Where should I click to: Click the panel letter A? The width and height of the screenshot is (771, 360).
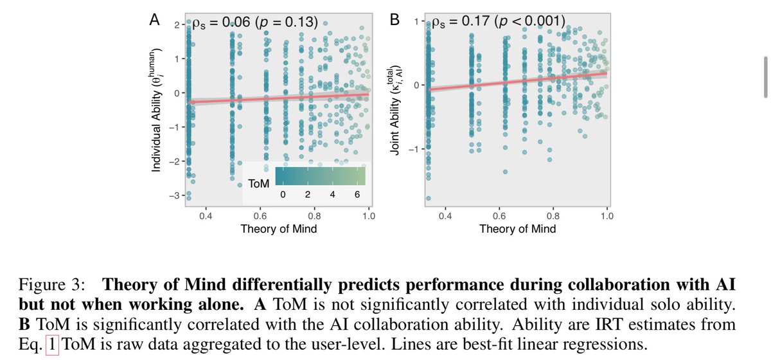(x=155, y=20)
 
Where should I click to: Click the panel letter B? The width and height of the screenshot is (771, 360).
(x=394, y=20)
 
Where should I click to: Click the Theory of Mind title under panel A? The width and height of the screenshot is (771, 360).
(x=278, y=229)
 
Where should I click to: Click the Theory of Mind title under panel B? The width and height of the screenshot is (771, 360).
(x=518, y=229)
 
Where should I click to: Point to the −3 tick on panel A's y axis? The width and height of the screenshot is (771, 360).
(x=175, y=195)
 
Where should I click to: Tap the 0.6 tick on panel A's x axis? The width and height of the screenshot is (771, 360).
(x=260, y=216)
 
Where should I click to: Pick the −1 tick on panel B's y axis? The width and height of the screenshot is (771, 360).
(x=414, y=150)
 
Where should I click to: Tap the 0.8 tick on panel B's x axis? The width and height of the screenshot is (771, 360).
(x=553, y=216)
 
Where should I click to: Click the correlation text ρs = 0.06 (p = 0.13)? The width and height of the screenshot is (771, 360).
(x=255, y=22)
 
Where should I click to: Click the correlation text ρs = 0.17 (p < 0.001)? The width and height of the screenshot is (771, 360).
(x=499, y=21)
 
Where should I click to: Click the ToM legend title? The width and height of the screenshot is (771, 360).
(x=258, y=184)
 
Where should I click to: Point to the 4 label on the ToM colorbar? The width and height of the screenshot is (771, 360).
(x=332, y=195)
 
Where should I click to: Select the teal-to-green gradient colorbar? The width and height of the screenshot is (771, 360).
(x=321, y=176)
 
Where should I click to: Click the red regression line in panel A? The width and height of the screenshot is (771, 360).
(x=279, y=98)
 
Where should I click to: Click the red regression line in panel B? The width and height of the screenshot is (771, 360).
(x=518, y=81)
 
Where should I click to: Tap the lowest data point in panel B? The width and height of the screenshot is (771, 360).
(x=429, y=199)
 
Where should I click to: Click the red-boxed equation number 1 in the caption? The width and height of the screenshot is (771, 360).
(x=52, y=344)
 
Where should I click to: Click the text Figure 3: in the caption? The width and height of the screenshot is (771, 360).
(x=51, y=285)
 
